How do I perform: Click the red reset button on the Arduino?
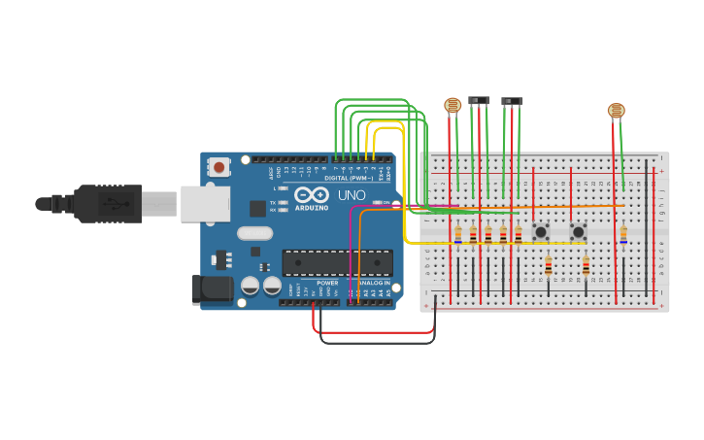coord(218,167)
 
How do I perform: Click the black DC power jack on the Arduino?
coord(213,288)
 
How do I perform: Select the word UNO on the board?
coord(351,195)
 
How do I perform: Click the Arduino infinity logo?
coord(311,195)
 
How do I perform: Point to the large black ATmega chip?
coord(337,262)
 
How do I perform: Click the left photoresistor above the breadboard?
coord(453,104)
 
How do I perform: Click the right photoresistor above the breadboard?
coord(617,111)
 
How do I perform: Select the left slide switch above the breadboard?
coord(479,100)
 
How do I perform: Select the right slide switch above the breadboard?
coord(512,101)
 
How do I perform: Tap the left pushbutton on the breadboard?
coord(541,232)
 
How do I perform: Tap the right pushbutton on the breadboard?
coord(579,232)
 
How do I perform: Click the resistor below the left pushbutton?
coord(549,266)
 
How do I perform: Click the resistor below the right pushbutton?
coord(587,265)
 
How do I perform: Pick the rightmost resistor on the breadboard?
coord(623,234)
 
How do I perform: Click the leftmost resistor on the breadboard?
coord(458,234)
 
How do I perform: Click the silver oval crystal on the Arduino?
coord(254,233)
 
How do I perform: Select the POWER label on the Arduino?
coord(327,283)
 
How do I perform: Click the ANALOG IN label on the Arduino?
coord(374,283)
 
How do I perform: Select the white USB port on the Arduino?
coord(205,204)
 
